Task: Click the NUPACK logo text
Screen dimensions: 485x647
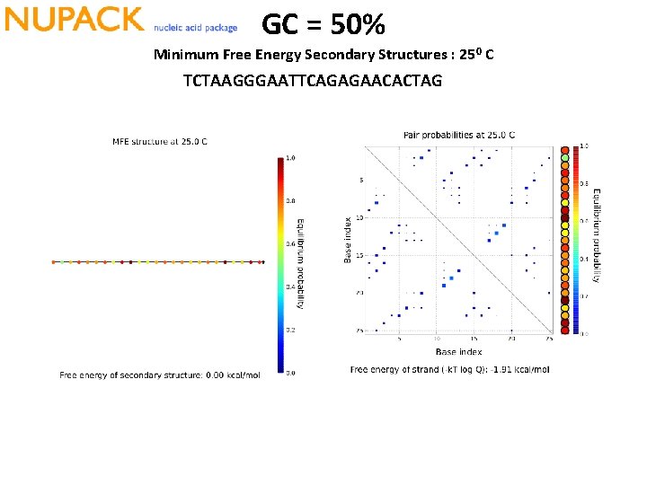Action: coord(74,19)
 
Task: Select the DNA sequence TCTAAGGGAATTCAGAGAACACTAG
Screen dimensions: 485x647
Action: coord(312,81)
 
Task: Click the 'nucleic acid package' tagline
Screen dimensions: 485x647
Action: coord(196,28)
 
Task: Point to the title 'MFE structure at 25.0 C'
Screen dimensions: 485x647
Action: coord(159,141)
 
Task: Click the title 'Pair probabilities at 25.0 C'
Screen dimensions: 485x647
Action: coord(459,135)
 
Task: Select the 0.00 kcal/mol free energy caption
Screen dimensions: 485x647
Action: coord(160,375)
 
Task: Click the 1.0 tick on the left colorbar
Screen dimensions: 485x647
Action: coord(290,158)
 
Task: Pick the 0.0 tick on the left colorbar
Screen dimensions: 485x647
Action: coord(290,372)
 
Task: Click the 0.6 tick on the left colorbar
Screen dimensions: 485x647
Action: coord(290,243)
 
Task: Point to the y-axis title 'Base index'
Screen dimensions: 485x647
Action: coord(348,240)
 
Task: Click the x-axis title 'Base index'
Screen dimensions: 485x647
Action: coord(459,351)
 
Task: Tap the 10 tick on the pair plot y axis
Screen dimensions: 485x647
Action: coord(360,217)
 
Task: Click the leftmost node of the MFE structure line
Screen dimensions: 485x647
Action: coord(54,262)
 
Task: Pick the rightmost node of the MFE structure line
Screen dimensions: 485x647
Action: coord(262,262)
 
